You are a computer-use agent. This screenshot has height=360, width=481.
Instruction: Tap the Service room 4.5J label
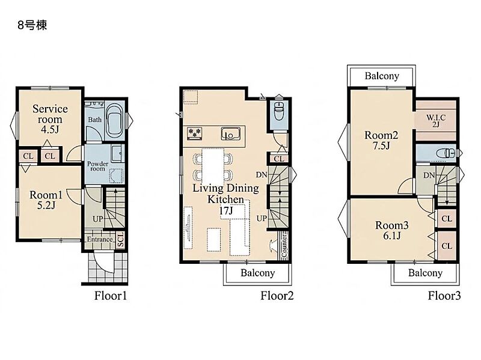pos(50,118)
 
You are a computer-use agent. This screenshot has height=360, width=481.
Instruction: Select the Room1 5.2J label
pos(46,200)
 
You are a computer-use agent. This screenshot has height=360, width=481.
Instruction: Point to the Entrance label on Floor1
pos(100,239)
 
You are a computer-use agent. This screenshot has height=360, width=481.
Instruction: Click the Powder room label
pos(98,166)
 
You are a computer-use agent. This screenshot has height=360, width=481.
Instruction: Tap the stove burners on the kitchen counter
pos(194,133)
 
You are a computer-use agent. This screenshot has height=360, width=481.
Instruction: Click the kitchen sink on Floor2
pos(230,133)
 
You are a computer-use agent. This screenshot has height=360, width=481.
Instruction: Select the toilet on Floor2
pos(279,111)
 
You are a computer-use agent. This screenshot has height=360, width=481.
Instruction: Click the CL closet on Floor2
pos(279,159)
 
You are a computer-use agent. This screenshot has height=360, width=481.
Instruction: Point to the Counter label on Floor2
pos(284,246)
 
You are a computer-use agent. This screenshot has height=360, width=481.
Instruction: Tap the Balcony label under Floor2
pos(258,273)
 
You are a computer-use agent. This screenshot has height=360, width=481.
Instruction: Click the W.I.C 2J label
pos(436,121)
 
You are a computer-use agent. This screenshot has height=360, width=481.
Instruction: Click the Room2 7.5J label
pos(381,140)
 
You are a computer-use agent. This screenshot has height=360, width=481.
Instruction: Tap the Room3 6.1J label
pos(392,230)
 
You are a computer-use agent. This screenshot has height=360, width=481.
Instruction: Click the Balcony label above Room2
pos(382,76)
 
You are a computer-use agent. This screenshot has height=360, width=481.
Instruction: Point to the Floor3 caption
pos(444,296)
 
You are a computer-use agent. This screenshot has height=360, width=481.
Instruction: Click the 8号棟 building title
pos(32,25)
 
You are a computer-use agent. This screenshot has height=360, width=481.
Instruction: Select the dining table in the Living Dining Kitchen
pos(213,166)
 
